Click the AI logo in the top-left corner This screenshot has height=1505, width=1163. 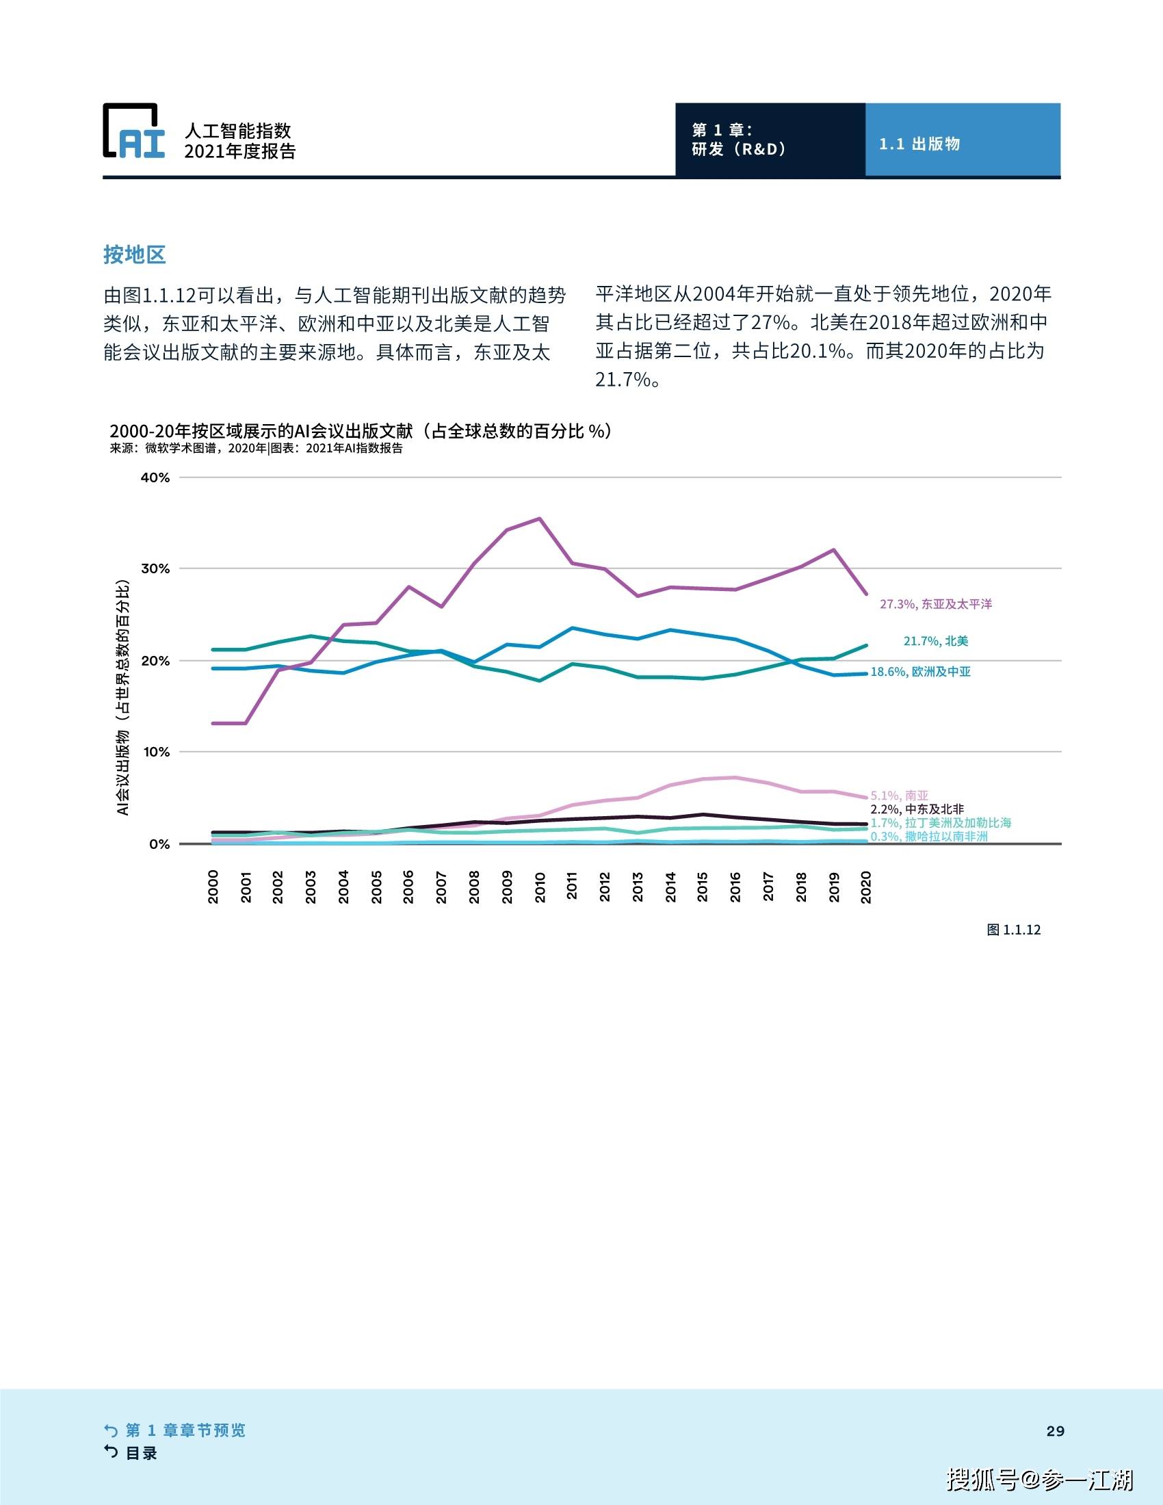134,131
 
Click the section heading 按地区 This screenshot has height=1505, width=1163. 134,254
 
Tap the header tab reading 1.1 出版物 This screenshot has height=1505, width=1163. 919,144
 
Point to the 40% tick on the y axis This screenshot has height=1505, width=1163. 155,477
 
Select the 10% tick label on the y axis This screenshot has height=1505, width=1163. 156,752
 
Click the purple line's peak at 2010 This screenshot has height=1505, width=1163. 540,519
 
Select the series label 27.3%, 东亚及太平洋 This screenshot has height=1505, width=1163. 936,604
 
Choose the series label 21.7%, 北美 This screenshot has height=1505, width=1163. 936,641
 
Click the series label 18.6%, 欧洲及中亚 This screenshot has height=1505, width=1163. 920,672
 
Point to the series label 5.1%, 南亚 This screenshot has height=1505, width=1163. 899,796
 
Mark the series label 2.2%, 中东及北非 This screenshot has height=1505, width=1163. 917,809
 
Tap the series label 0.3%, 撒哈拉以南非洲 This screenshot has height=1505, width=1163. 929,837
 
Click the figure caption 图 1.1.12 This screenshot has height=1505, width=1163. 1013,930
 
